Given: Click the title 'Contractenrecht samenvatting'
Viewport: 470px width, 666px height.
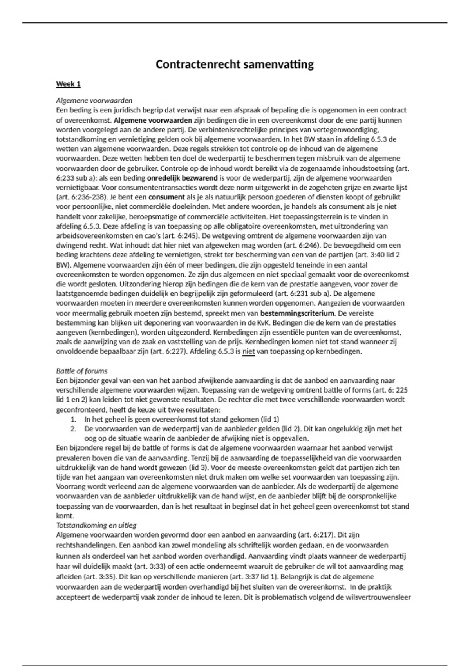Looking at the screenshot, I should (x=235, y=64).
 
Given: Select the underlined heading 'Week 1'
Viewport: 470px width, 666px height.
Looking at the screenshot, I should (x=68, y=84).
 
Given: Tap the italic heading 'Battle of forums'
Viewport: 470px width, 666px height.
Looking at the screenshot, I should (x=81, y=371).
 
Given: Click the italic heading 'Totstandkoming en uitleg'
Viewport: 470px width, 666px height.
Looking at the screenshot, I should (x=96, y=525).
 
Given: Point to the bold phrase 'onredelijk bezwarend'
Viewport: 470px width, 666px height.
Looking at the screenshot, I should (x=182, y=178).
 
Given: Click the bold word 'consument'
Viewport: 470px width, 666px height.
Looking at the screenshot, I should (x=166, y=197).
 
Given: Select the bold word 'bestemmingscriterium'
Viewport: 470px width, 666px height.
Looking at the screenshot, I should (x=297, y=313).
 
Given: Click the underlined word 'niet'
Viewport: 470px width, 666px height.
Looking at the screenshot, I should (x=248, y=351).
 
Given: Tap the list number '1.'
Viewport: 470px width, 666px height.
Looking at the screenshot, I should (x=73, y=419).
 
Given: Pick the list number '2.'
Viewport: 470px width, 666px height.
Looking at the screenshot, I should (x=73, y=429).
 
